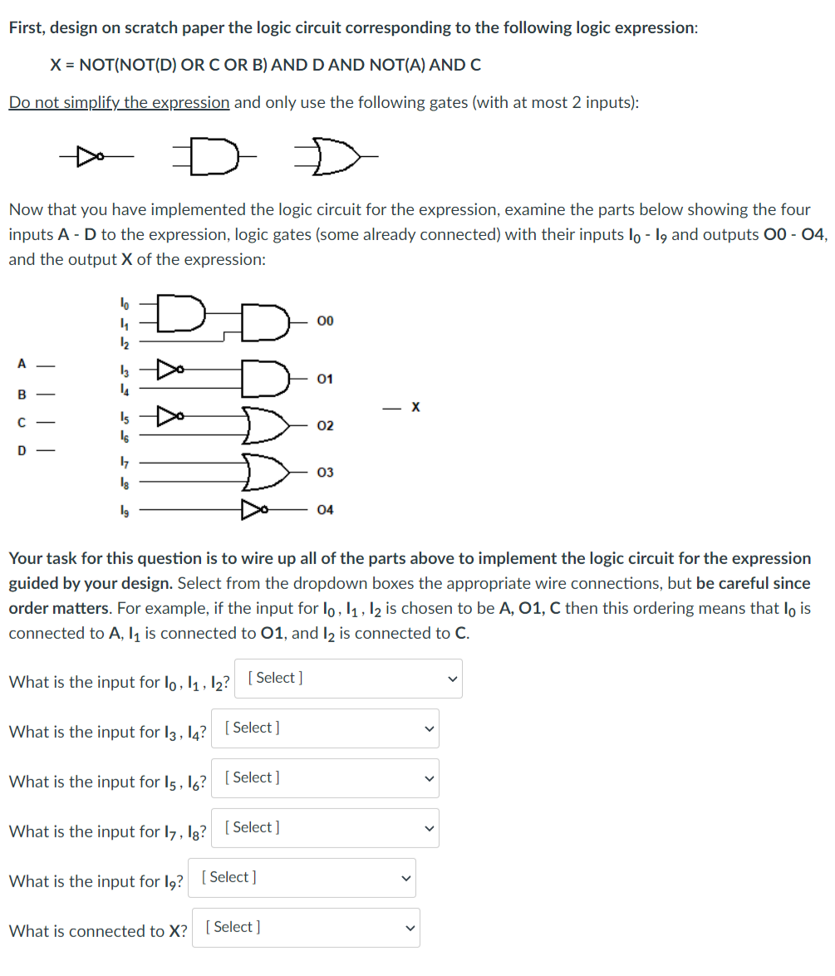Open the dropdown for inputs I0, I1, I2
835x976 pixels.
click(x=348, y=679)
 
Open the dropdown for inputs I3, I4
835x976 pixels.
click(x=325, y=728)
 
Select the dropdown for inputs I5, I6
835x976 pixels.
click(x=325, y=778)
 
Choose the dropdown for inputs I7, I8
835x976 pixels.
click(x=325, y=828)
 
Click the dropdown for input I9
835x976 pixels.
click(x=302, y=878)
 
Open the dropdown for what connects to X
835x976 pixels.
click(x=306, y=928)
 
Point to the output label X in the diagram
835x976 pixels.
click(x=415, y=407)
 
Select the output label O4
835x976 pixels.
click(x=325, y=509)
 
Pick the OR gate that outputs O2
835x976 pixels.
click(x=265, y=424)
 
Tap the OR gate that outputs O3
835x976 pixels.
click(x=265, y=471)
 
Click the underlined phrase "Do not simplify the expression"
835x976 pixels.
click(x=119, y=102)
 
